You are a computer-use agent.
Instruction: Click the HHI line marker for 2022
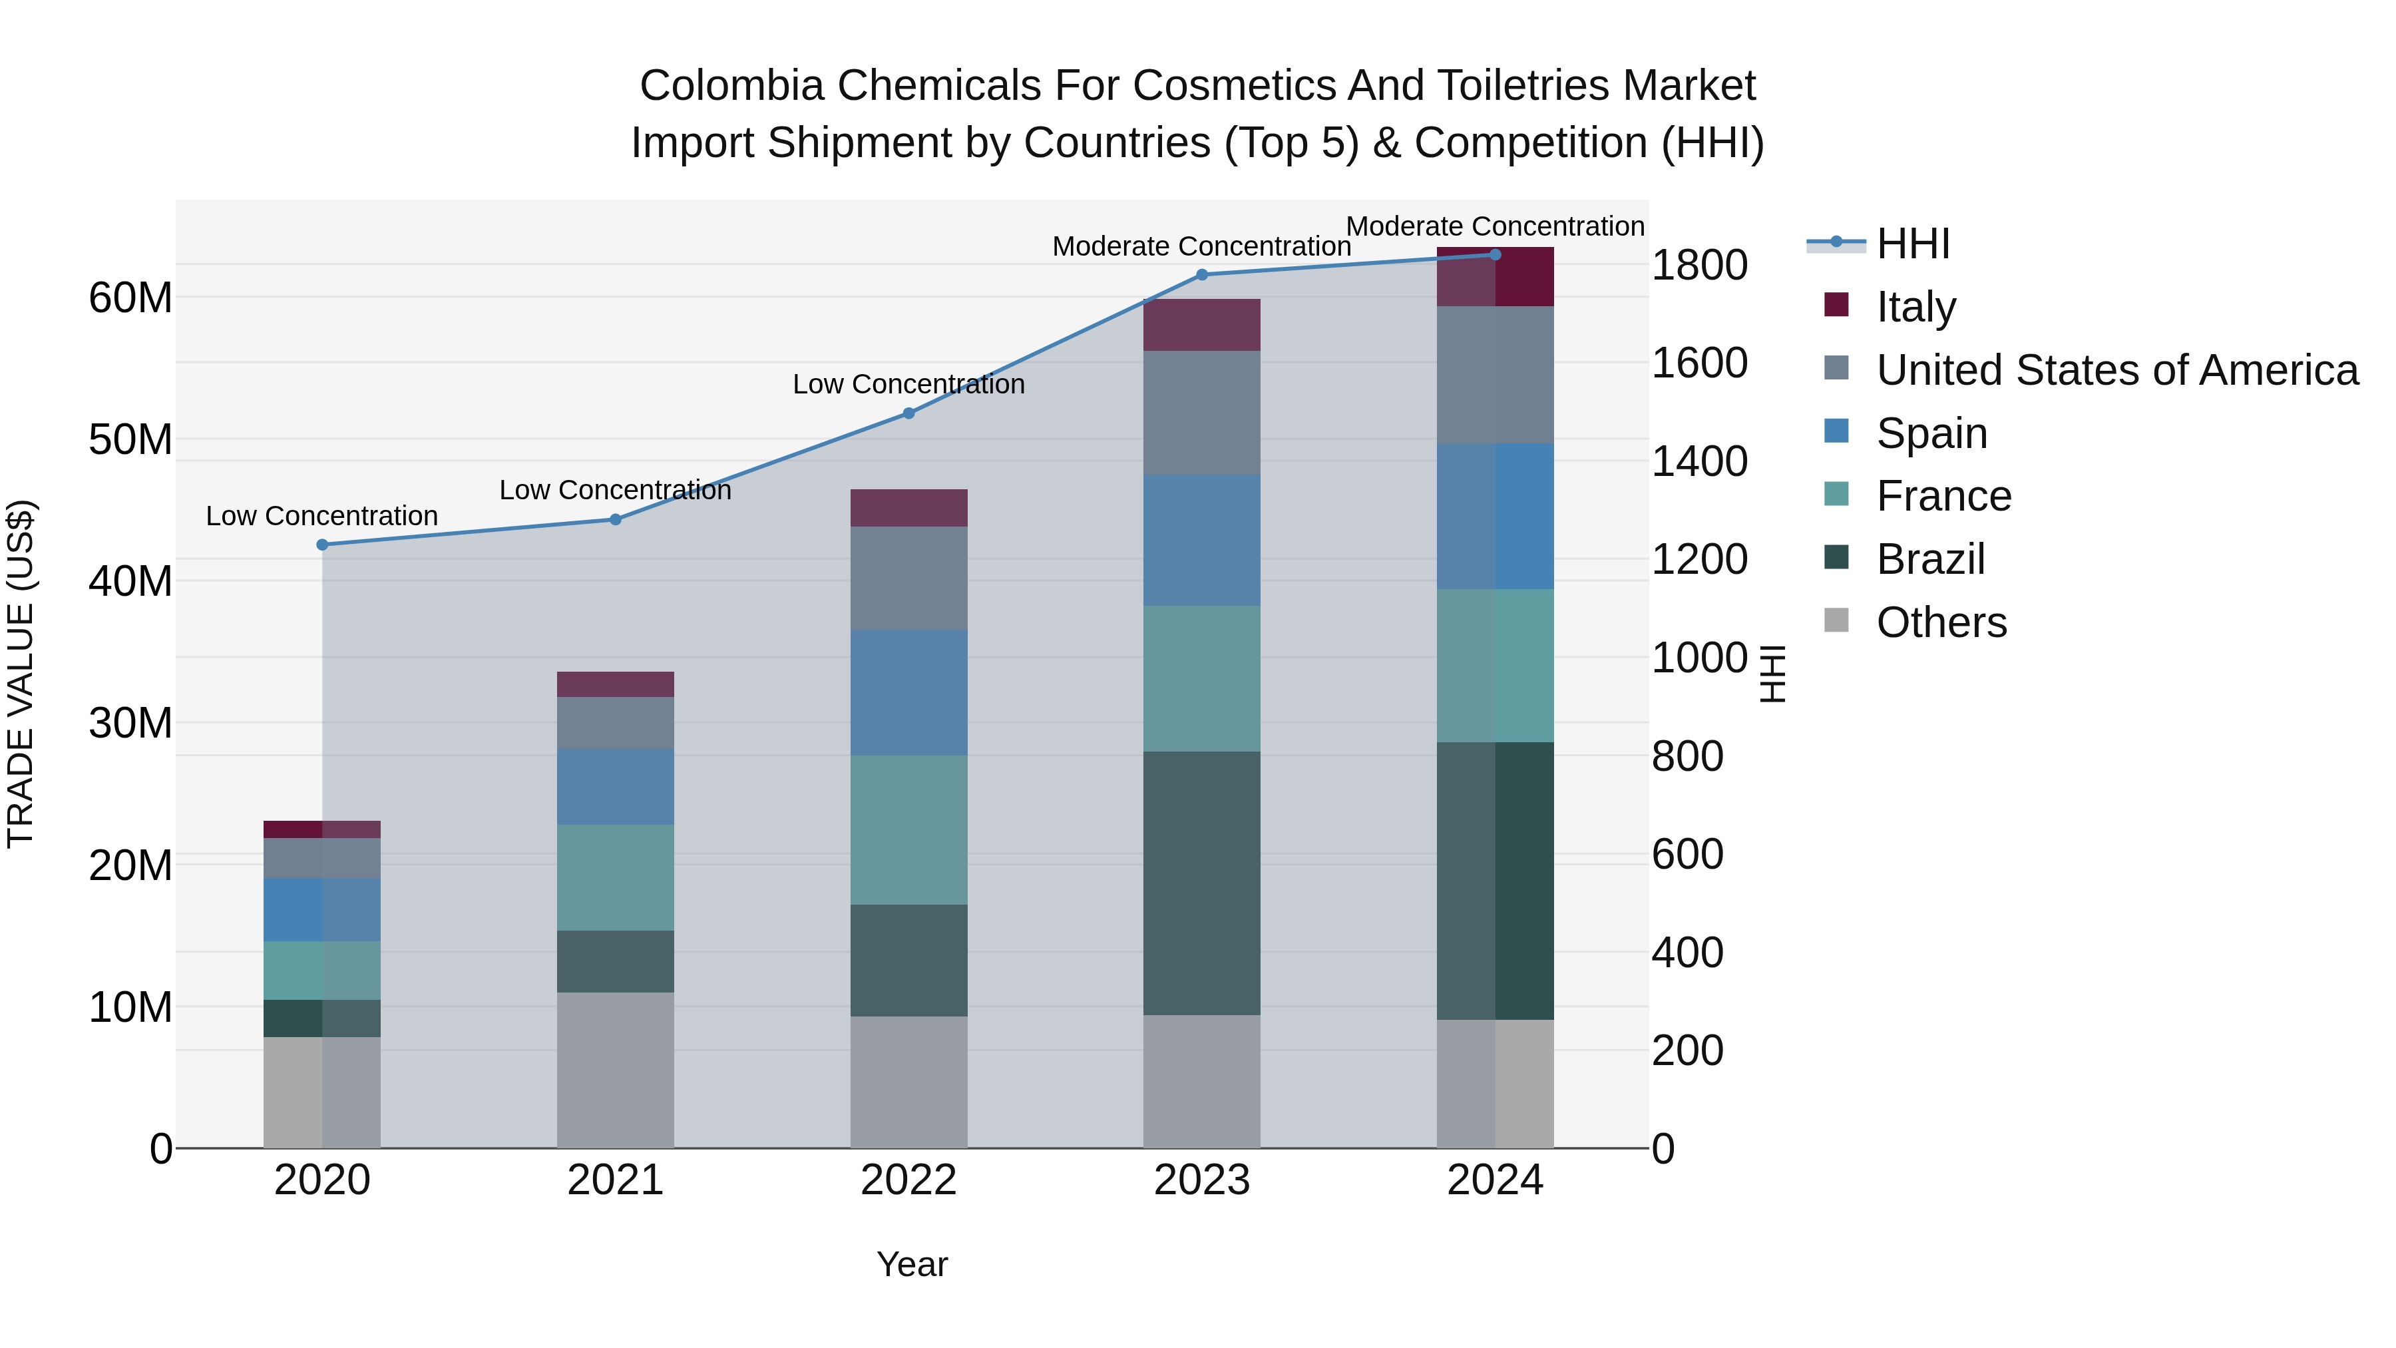[908, 413]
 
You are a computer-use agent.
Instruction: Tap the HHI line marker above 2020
[322, 545]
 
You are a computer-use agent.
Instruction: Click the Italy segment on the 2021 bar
[615, 685]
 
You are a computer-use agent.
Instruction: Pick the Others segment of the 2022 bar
[908, 1081]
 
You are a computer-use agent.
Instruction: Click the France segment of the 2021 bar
[615, 877]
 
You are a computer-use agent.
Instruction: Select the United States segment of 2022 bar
[908, 578]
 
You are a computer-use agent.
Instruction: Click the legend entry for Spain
[1931, 433]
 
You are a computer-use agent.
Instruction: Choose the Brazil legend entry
[1930, 560]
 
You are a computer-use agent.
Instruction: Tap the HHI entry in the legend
[1912, 244]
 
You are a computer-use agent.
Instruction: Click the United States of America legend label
[2117, 370]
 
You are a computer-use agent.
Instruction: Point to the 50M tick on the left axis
[130, 440]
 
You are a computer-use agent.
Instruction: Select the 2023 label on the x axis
[1202, 1180]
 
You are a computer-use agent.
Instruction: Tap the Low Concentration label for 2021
[615, 490]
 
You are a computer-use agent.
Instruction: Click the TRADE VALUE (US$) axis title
[21, 674]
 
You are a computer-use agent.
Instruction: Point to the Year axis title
[912, 1264]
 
